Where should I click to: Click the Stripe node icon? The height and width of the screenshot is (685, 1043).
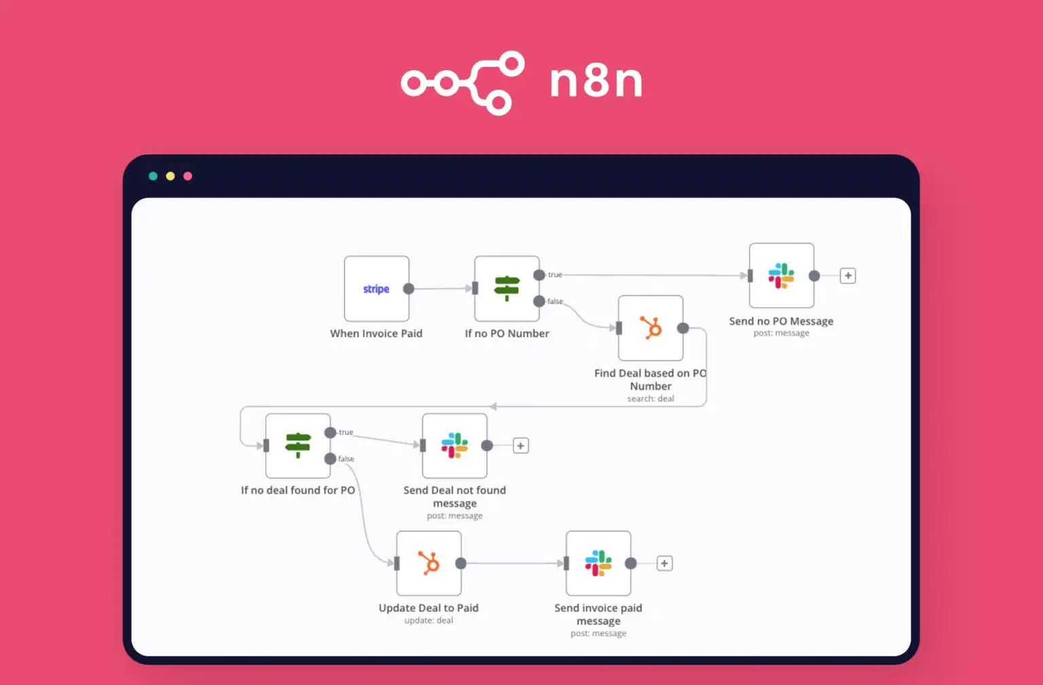pyautogui.click(x=376, y=289)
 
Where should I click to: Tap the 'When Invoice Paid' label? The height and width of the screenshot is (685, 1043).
pyautogui.click(x=376, y=334)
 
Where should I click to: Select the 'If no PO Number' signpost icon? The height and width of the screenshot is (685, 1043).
pyautogui.click(x=507, y=288)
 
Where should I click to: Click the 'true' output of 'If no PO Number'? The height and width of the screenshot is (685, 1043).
pyautogui.click(x=539, y=275)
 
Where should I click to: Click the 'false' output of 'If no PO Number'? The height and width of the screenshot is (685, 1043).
pyautogui.click(x=539, y=301)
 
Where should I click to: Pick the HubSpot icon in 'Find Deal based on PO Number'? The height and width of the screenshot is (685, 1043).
pyautogui.click(x=651, y=328)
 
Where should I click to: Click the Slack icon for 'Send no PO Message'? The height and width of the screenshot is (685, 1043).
pyautogui.click(x=781, y=276)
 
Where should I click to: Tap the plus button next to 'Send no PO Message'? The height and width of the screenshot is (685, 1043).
pyautogui.click(x=847, y=276)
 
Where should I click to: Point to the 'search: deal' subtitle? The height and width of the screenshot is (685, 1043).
pyautogui.click(x=651, y=399)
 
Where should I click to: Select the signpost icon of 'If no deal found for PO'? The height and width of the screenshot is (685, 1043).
pyautogui.click(x=297, y=446)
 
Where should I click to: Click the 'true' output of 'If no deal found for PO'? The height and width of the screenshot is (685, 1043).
pyautogui.click(x=330, y=433)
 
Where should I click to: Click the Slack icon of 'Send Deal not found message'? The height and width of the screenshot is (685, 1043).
pyautogui.click(x=454, y=446)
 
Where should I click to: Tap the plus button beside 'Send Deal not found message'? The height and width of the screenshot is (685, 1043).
pyautogui.click(x=521, y=446)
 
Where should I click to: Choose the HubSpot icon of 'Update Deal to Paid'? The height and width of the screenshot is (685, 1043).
pyautogui.click(x=428, y=563)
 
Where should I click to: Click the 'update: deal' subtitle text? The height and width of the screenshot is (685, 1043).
pyautogui.click(x=428, y=620)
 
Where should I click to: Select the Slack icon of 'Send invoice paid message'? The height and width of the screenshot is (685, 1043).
pyautogui.click(x=598, y=563)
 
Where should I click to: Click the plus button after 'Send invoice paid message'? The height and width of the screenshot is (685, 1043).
pyautogui.click(x=665, y=563)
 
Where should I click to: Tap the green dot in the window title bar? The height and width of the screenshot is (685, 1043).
pyautogui.click(x=153, y=176)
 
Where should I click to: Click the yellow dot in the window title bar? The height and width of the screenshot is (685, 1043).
pyautogui.click(x=170, y=176)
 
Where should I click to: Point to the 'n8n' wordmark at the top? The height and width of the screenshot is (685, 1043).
pyautogui.click(x=596, y=82)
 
